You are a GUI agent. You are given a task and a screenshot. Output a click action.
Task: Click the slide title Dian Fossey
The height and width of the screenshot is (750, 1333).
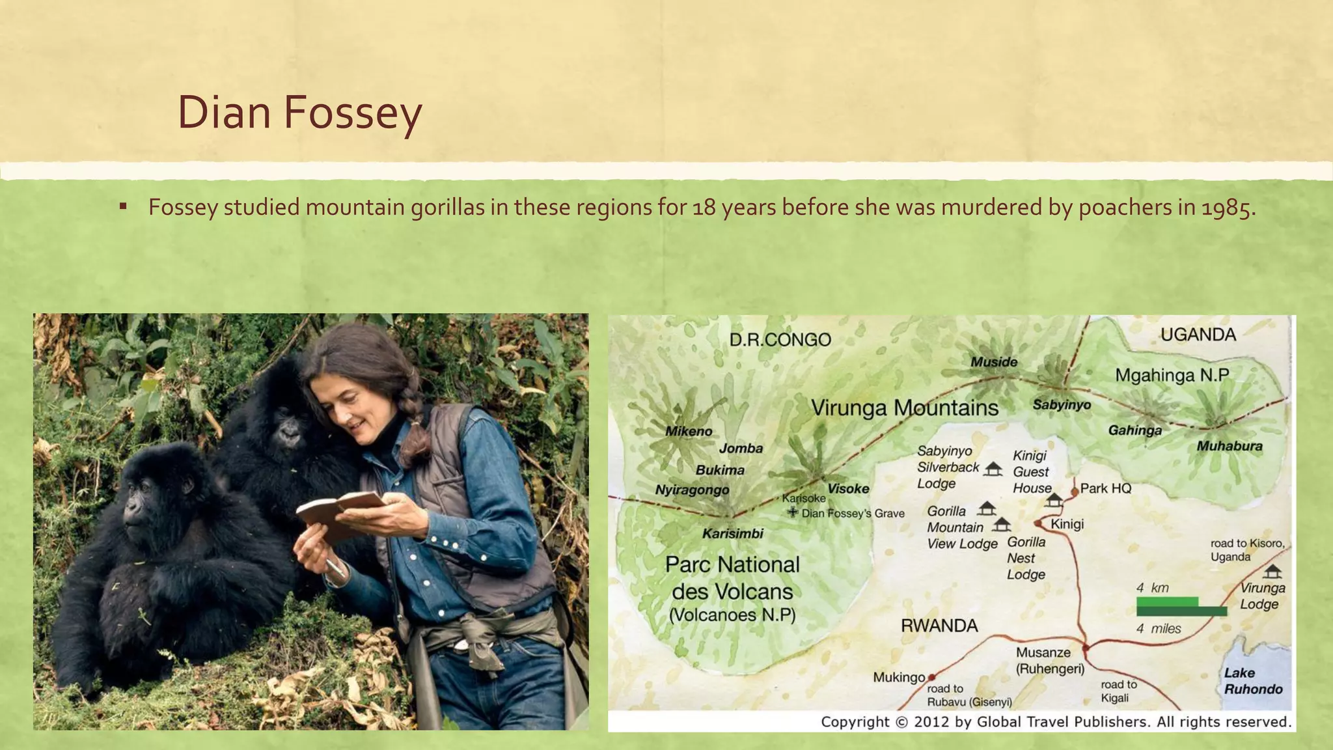click(299, 113)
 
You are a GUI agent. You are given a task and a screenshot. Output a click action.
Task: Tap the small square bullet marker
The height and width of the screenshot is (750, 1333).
click(122, 207)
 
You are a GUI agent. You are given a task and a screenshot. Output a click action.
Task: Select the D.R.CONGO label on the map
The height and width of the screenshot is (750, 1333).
click(780, 340)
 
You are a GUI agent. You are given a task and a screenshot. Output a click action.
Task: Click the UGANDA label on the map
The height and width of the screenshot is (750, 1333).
click(1198, 335)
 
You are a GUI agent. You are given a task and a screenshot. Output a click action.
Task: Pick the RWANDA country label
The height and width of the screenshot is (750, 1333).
click(939, 626)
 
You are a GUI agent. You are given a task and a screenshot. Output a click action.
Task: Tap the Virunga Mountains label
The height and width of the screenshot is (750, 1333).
click(904, 408)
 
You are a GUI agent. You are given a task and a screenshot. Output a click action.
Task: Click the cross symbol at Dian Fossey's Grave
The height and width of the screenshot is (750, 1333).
click(793, 512)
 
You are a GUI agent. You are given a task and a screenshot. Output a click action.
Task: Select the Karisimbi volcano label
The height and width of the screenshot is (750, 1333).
click(732, 534)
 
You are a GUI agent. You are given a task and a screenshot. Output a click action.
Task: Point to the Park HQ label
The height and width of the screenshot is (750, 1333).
click(1106, 488)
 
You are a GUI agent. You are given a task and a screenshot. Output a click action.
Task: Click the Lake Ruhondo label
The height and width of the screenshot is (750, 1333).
click(1253, 681)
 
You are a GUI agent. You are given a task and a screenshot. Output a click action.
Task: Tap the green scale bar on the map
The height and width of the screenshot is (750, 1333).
click(1181, 607)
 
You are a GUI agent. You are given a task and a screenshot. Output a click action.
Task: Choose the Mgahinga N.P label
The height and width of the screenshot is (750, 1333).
click(1172, 376)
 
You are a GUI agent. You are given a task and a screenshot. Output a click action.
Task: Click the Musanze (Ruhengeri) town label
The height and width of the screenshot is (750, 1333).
click(1049, 660)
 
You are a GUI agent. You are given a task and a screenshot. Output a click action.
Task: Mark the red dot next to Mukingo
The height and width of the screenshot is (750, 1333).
click(931, 677)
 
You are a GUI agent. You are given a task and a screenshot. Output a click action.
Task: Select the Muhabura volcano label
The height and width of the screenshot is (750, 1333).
click(1229, 447)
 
